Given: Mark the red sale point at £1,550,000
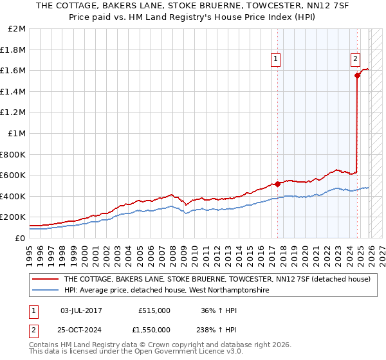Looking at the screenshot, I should pos(357,76).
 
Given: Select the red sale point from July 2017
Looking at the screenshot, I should pos(277,184).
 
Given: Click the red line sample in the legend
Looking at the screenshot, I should pos(45,280).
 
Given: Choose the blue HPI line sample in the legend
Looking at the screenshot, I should pos(45,291).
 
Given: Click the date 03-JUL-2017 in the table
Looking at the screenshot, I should pos(81,310).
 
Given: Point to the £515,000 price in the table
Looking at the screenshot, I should pos(154,310).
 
